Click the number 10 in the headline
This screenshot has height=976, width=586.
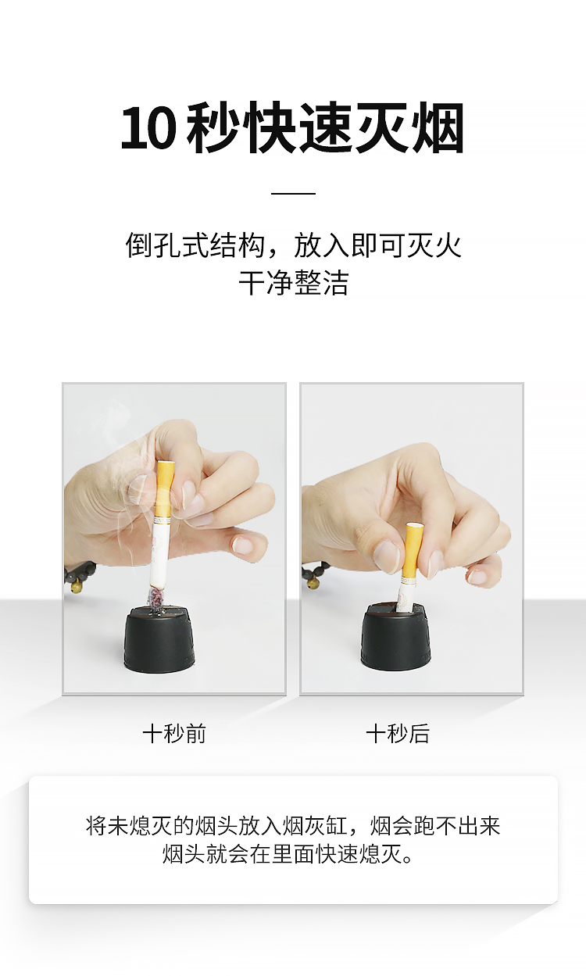(148, 128)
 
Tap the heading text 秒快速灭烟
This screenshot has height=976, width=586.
(325, 128)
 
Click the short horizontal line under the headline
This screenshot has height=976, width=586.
(293, 193)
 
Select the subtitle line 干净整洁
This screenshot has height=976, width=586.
(293, 282)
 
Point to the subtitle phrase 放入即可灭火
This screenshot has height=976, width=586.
(378, 245)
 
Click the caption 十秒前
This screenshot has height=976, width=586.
(174, 734)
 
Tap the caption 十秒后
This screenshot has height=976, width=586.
(398, 734)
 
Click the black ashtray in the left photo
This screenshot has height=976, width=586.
(159, 637)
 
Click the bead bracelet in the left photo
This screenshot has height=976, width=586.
(80, 576)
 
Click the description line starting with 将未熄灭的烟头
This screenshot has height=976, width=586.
(293, 826)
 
